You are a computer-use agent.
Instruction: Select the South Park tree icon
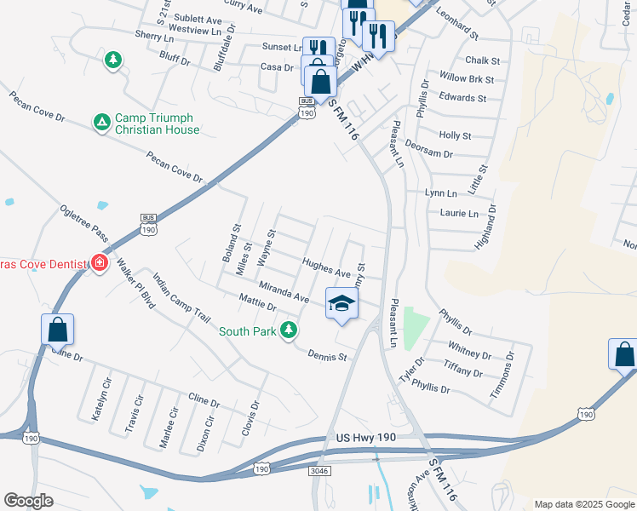coord(290,330)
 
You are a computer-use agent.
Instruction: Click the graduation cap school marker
coord(341,305)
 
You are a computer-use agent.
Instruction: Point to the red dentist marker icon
coord(100,263)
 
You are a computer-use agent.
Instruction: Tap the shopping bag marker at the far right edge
coord(623,354)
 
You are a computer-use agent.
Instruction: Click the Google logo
coord(29,501)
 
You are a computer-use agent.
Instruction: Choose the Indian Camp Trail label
coord(181,297)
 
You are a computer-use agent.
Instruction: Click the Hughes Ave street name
coord(325,268)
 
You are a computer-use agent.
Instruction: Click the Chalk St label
coord(482,60)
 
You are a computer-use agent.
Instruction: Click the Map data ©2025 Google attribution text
coord(584,504)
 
